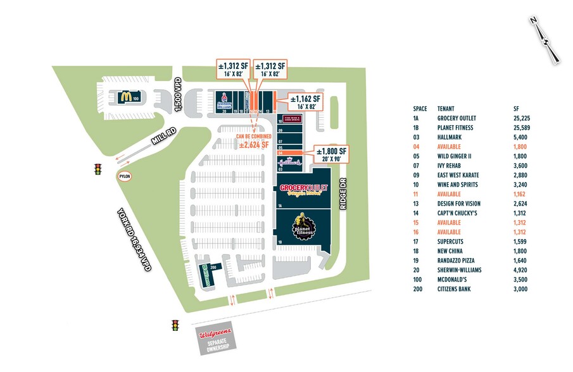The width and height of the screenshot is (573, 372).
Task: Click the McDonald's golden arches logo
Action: click(x=126, y=97)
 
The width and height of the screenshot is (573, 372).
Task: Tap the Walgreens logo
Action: click(x=215, y=334)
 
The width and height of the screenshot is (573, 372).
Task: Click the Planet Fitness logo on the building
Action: click(x=303, y=227)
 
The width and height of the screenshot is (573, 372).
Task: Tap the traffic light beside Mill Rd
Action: click(x=98, y=169)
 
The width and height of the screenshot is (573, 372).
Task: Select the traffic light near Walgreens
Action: click(x=175, y=325)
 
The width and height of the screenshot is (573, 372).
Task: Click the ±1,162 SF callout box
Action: click(x=305, y=102)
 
